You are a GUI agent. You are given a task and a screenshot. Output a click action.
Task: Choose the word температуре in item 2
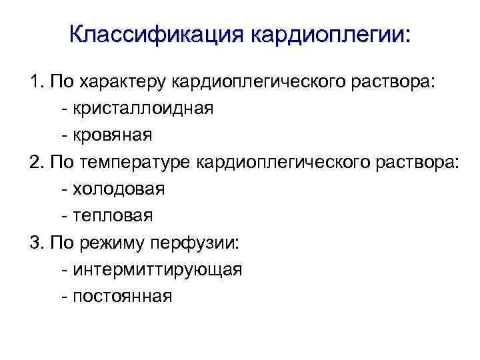pyautogui.click(x=141, y=162)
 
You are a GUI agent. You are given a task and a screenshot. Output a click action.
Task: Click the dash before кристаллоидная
pyautogui.click(x=63, y=109)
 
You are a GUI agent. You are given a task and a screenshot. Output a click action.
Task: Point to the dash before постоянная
pyautogui.click(x=63, y=297)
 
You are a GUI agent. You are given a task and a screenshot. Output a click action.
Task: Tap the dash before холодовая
pyautogui.click(x=63, y=189)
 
